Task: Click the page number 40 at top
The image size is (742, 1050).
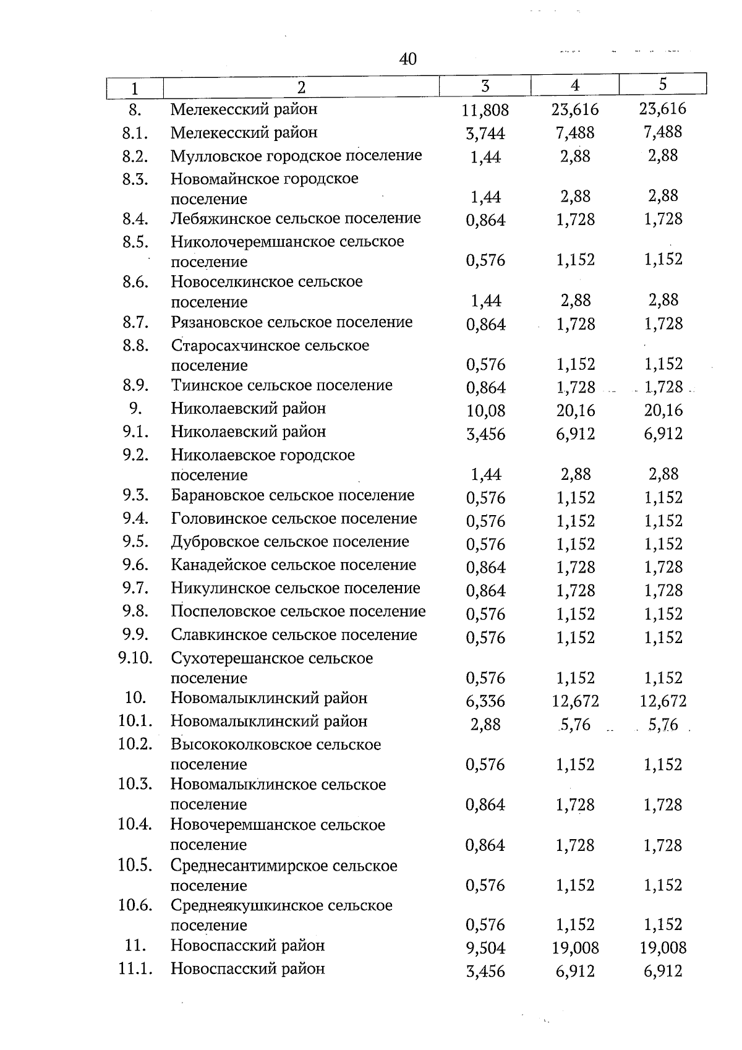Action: pos(407,59)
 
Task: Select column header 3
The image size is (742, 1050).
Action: pos(485,86)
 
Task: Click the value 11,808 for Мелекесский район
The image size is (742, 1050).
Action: pos(485,111)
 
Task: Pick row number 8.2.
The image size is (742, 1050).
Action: pos(134,156)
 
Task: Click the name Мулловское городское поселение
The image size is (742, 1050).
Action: pos(296,156)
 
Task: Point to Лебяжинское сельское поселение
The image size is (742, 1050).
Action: pos(296,218)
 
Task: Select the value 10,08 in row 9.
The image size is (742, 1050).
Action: pos(485,411)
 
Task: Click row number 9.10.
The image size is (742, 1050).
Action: pos(135,658)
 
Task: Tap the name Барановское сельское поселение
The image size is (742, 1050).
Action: pos(292,495)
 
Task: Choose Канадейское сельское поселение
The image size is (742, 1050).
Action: pos(294,565)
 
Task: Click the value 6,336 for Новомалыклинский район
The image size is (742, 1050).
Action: pos(485,701)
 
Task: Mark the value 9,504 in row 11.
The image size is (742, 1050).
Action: pos(485,948)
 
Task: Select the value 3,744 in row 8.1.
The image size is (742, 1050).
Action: pos(485,134)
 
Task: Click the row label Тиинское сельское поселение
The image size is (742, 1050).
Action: pos(282,386)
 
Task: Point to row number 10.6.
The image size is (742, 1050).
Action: pos(135,905)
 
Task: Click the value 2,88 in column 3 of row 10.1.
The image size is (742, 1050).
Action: pos(485,725)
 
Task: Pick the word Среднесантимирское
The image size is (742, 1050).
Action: pos(249,866)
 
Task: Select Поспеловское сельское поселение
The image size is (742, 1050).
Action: pos(299,612)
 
